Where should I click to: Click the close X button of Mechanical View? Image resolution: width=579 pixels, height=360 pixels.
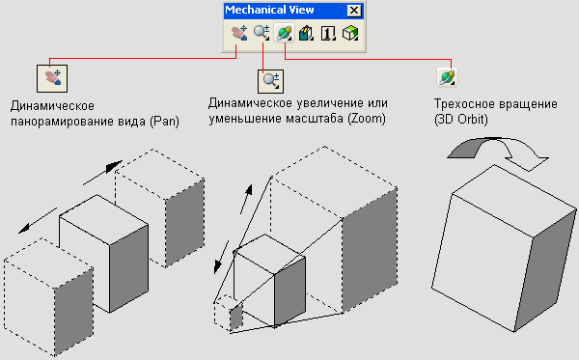[x=354, y=11]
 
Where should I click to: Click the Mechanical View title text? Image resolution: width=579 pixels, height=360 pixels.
[x=269, y=10]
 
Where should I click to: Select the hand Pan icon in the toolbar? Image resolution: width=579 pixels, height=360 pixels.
[x=239, y=33]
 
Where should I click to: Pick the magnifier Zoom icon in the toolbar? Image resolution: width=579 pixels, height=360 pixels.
[x=262, y=33]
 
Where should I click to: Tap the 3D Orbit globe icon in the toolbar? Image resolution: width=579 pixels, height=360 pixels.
[x=284, y=33]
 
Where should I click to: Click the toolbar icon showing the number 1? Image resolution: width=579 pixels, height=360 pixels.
[x=328, y=33]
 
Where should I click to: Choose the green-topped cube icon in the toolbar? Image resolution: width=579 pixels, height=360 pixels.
[x=350, y=33]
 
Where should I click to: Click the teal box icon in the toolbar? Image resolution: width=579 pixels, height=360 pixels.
[x=306, y=33]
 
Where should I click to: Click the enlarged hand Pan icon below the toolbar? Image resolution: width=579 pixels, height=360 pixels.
[x=52, y=78]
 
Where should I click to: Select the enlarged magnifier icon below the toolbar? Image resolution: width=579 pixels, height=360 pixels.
[x=270, y=82]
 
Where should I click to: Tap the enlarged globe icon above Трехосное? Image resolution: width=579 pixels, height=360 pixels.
[x=447, y=77]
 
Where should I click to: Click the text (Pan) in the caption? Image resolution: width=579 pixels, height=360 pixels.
[x=164, y=122]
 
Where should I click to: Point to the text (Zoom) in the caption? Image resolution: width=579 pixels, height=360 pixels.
[x=367, y=119]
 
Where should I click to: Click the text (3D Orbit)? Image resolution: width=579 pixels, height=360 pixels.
[x=461, y=120]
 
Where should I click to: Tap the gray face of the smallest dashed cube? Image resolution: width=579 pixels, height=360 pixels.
[x=236, y=318]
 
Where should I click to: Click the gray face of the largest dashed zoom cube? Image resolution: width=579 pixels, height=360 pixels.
[x=370, y=251]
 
